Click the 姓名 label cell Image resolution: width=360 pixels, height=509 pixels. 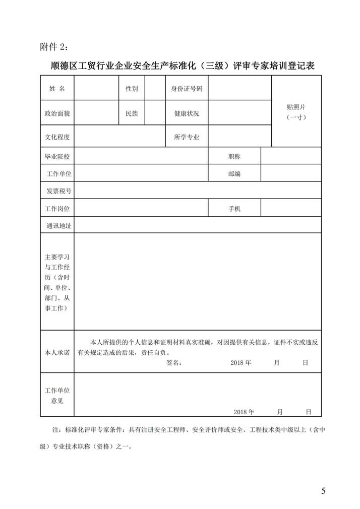[57, 89]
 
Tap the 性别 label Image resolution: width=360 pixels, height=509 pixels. [132, 89]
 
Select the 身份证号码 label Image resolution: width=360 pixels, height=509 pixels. [187, 89]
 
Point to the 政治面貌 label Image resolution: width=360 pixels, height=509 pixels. [57, 113]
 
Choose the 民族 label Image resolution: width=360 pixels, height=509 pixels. [132, 113]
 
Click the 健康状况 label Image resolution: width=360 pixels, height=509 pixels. [187, 113]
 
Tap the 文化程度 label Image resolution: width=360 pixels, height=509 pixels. [57, 137]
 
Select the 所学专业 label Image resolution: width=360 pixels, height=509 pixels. [187, 137]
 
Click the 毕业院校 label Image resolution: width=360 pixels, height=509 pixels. [57, 156]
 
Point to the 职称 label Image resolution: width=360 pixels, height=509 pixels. [234, 156]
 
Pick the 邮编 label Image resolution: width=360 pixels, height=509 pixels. [234, 173]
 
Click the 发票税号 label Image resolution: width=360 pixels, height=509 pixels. [58, 190]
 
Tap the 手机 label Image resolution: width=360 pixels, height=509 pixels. [234, 208]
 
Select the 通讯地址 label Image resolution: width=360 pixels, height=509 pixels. [58, 225]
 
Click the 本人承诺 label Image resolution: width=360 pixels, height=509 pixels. [57, 351]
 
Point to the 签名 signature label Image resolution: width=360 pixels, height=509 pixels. [173, 362]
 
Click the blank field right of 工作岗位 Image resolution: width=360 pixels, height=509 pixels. [141, 208]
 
